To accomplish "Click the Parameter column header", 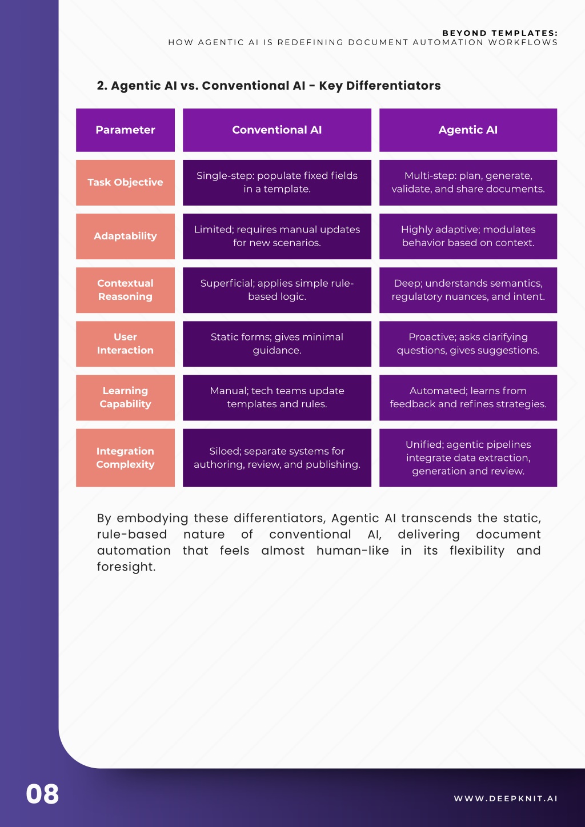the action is coord(125,130).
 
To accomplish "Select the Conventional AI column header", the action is coord(277,130).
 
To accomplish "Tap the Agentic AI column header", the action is coord(468,130).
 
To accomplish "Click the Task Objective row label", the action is coord(125,182).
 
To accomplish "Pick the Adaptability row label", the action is coord(125,236).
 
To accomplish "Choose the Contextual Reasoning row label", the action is coord(125,290).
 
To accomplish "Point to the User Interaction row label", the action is coord(125,344).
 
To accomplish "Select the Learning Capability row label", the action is coord(125,398).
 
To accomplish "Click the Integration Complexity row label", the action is coord(125,458).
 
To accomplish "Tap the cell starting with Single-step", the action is coord(277,182).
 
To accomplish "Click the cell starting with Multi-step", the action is coord(468,182).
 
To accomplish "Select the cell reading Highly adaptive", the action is coord(468,236).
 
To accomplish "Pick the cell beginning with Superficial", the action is coord(277,290).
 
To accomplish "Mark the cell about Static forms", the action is coord(277,344).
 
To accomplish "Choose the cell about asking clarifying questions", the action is coord(468,344).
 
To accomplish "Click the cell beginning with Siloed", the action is coord(277,458).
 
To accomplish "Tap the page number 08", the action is coord(42,794).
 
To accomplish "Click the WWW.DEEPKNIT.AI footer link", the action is coord(506,798).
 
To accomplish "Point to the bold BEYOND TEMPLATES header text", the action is coord(500,33).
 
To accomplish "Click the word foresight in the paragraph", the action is coord(126,567).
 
